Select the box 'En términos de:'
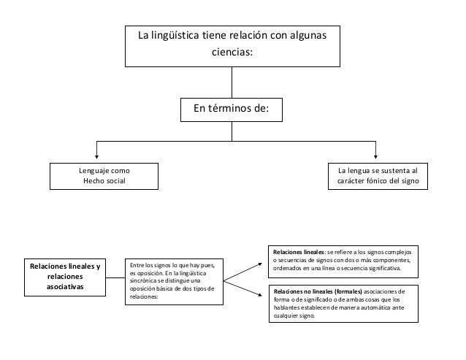(x=231, y=109)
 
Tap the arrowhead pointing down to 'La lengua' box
(x=375, y=154)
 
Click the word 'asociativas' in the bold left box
(x=65, y=288)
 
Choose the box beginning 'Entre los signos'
(x=173, y=281)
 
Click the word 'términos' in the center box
(x=229, y=109)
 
